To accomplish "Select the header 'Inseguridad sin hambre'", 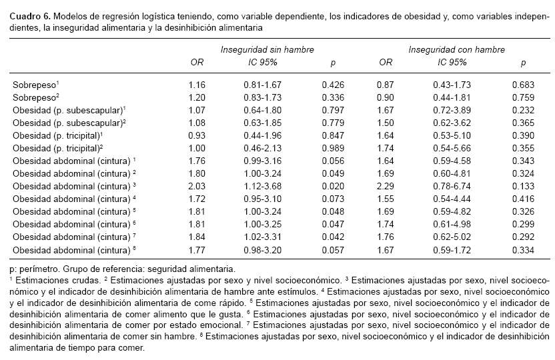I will (267, 50).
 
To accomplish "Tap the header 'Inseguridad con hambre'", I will (456, 50).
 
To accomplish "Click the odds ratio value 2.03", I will (197, 185).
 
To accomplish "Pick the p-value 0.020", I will (332, 185).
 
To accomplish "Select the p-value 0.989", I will (332, 147).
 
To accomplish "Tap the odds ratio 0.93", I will (197, 135).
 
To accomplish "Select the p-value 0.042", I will (332, 236).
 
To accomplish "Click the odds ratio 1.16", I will (197, 85).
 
